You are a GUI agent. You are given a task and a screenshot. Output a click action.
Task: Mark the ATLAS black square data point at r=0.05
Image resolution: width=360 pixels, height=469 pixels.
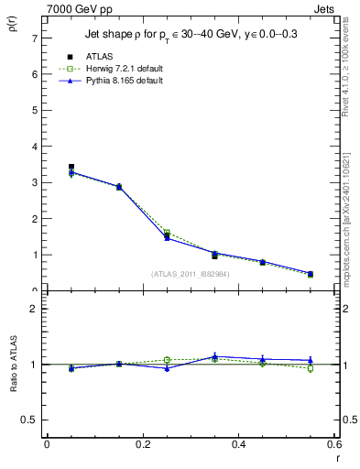tap(71, 167)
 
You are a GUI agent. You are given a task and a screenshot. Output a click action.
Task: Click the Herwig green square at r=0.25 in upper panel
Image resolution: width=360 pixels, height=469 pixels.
tap(167, 234)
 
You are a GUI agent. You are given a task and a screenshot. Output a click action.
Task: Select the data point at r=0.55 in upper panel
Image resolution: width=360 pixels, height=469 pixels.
tap(311, 274)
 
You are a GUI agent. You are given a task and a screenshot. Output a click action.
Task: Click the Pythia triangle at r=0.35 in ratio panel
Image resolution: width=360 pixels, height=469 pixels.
tap(214, 356)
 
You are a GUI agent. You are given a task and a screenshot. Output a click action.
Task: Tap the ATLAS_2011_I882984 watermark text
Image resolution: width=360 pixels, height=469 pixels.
tap(191, 274)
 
